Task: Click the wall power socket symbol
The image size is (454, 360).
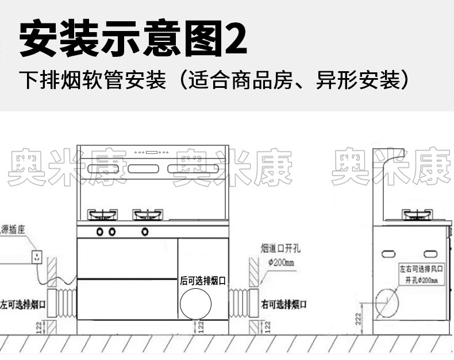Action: click(x=37, y=256)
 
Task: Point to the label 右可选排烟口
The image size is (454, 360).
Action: click(x=283, y=304)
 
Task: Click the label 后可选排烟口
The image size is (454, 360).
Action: click(x=202, y=281)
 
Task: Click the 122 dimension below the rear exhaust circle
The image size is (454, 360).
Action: click(x=201, y=327)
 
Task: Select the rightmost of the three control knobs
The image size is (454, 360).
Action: click(x=145, y=231)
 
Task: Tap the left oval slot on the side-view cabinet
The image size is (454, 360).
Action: click(x=388, y=253)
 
